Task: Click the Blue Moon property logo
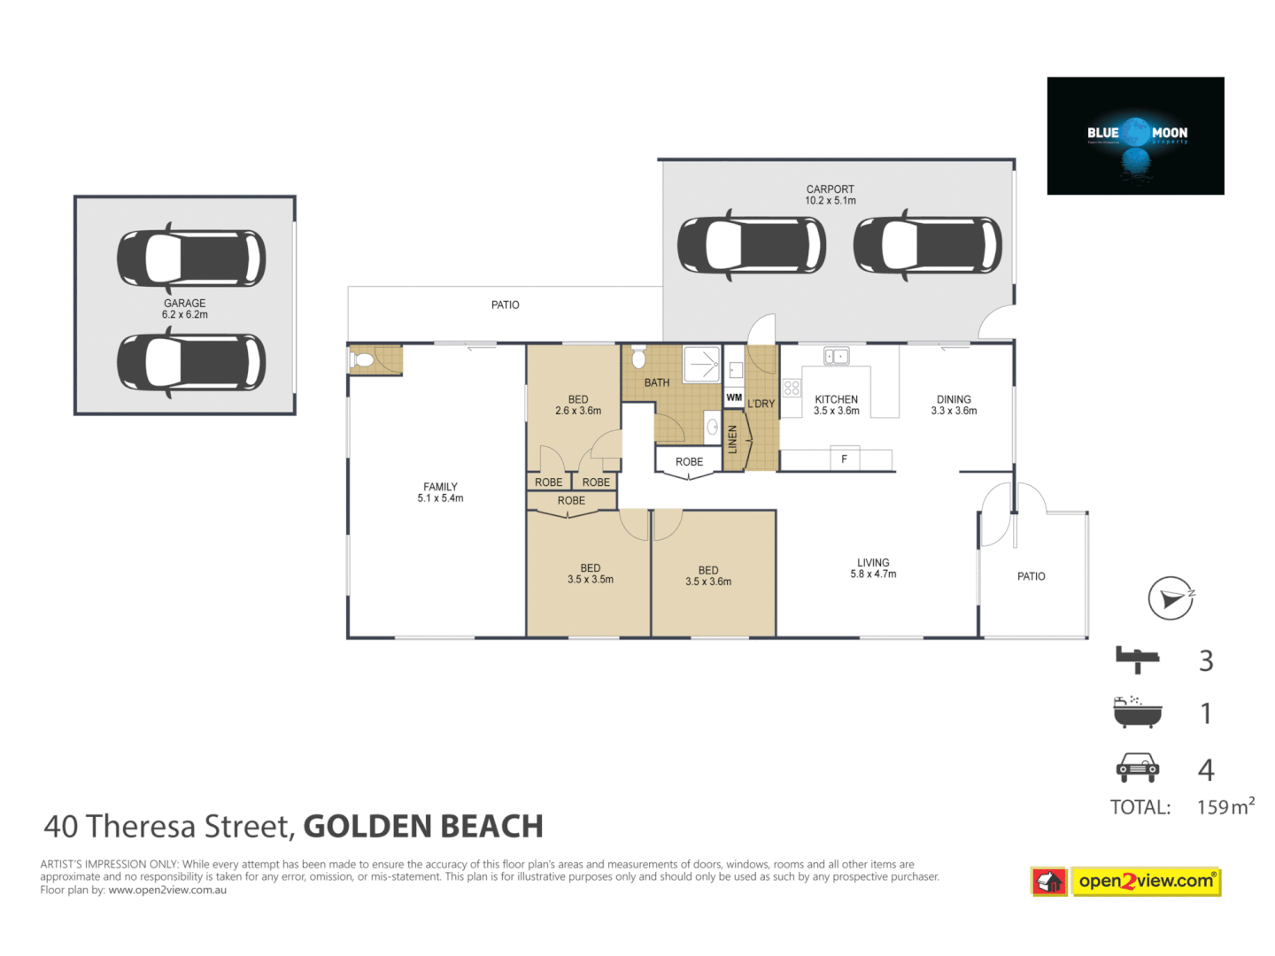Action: click(1135, 135)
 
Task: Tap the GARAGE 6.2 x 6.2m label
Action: click(184, 309)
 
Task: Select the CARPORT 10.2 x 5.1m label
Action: click(830, 195)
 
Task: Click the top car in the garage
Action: click(191, 258)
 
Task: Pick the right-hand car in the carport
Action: click(927, 245)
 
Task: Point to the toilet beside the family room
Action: click(362, 360)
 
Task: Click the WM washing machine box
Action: click(734, 397)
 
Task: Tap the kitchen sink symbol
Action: click(836, 356)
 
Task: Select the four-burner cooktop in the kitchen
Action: click(792, 388)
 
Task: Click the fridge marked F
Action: click(844, 459)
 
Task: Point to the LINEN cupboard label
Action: click(732, 439)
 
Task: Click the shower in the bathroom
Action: click(702, 364)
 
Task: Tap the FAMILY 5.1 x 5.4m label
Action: click(440, 493)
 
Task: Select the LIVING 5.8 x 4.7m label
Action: click(873, 568)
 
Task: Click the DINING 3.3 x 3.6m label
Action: click(954, 405)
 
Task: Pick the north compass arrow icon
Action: click(1171, 598)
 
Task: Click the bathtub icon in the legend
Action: click(1137, 713)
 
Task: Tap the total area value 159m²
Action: click(1225, 806)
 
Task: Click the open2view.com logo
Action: click(1145, 882)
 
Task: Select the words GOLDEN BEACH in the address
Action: click(423, 827)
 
